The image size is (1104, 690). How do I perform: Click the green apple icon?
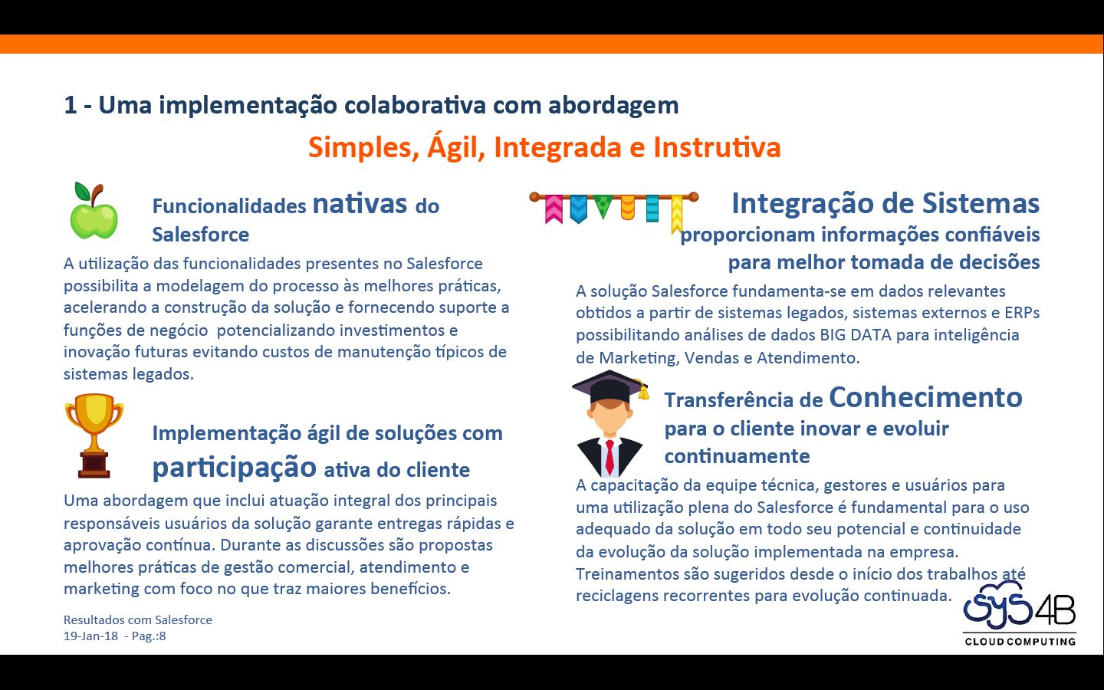(94, 212)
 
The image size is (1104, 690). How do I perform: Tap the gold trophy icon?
(94, 435)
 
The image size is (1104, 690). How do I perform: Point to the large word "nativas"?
(360, 204)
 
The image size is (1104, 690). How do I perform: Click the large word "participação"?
(234, 467)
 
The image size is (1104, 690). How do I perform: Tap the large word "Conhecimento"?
(925, 397)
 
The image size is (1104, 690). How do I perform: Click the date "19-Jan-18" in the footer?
(90, 636)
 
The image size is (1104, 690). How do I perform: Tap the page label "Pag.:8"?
(149, 636)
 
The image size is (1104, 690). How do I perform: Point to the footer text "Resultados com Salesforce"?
(138, 620)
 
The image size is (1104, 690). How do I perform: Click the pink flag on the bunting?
(554, 209)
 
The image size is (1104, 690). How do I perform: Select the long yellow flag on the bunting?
(676, 214)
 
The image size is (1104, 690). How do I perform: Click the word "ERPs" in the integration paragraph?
(1022, 313)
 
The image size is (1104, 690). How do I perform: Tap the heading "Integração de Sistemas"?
(886, 203)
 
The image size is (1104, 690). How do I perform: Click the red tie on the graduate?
(609, 457)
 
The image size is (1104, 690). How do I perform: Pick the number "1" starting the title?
(71, 105)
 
